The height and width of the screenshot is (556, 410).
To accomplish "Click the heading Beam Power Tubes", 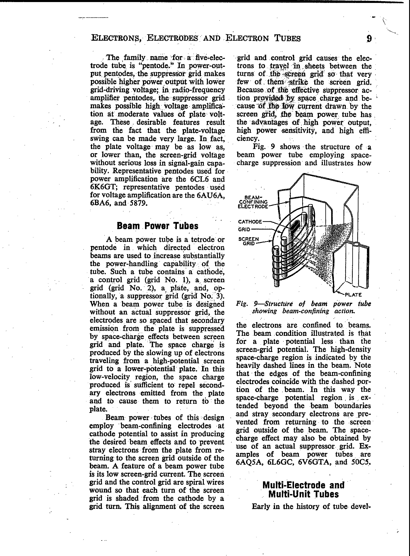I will [158, 226].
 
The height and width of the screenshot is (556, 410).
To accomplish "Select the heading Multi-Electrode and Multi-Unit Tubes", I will [304, 490].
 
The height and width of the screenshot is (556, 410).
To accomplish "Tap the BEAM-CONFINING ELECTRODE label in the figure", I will [253, 202].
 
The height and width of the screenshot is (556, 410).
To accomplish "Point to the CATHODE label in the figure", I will [250, 222].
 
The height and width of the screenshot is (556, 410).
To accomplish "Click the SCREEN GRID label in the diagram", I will [249, 241].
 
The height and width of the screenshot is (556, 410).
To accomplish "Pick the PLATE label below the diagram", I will [353, 295].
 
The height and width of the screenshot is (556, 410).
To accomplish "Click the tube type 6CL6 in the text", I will [205, 179].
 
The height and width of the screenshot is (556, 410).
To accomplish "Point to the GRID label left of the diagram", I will [244, 230].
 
